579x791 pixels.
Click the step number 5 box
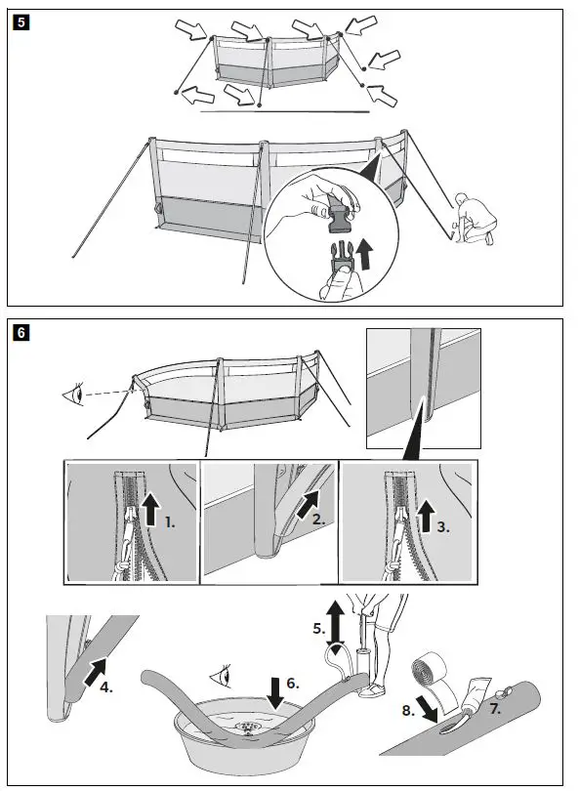(21, 22)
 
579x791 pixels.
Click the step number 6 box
(21, 332)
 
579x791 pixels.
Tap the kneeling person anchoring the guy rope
(476, 218)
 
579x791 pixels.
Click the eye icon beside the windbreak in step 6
(74, 394)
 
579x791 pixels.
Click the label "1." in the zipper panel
(171, 522)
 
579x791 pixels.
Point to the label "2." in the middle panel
(318, 520)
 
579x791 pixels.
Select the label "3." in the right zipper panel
(443, 527)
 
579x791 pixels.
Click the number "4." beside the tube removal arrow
(105, 687)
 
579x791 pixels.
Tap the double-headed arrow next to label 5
(336, 623)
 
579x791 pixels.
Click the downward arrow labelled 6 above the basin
(276, 691)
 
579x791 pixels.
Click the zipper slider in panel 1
(129, 516)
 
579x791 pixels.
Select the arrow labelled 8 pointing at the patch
(429, 712)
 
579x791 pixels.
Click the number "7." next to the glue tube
(495, 709)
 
